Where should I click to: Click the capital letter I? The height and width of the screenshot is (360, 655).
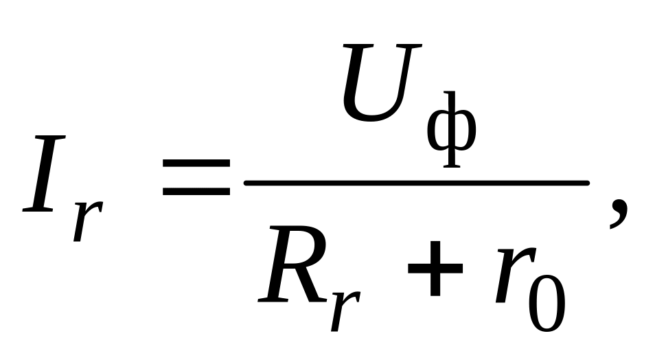tap(44, 174)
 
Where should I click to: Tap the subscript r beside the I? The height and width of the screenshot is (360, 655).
tap(88, 221)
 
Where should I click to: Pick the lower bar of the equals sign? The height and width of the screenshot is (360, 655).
tap(196, 192)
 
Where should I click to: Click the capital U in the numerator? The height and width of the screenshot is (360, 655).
tap(381, 82)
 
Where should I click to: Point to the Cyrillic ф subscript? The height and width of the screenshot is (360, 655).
tap(452, 130)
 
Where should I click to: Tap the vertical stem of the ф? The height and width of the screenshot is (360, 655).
tap(452, 130)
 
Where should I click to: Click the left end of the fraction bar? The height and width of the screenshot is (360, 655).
tap(245, 183)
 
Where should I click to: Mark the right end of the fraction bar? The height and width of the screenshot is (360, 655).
tap(588, 183)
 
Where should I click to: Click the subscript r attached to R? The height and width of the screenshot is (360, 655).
tap(345, 311)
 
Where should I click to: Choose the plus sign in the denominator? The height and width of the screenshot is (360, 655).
tap(435, 268)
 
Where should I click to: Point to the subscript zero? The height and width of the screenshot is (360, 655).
tap(547, 304)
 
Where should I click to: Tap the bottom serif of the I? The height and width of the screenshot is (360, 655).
tap(38, 210)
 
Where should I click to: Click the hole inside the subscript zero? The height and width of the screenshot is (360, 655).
tap(547, 304)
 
